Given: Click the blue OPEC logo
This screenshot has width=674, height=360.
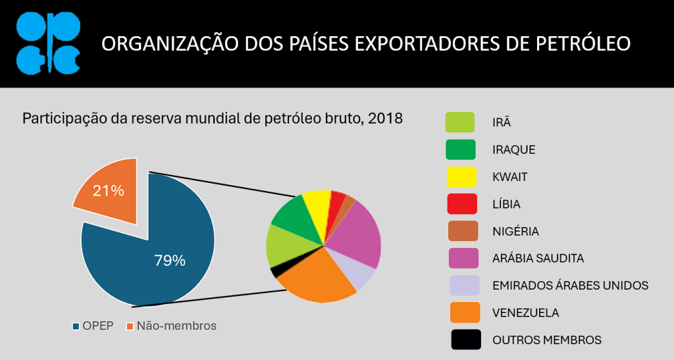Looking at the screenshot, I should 47,43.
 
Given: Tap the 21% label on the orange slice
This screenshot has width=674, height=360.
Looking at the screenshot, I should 108,191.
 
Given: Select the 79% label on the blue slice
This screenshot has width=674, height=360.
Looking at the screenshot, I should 170,260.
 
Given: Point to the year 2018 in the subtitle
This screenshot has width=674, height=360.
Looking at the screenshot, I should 385,119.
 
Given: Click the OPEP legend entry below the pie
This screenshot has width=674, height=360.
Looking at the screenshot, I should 91,326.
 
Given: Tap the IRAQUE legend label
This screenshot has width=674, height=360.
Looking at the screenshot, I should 513,149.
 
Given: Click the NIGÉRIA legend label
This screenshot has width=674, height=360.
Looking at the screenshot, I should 515,231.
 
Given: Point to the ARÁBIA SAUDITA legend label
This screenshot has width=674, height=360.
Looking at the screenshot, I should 538,258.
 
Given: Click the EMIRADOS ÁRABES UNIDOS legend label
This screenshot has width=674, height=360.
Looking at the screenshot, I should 570,285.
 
